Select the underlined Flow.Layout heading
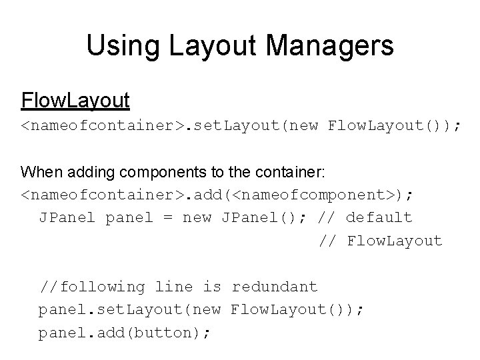75,101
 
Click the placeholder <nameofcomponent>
317,195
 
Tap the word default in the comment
379,217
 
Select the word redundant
274,287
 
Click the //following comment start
92,287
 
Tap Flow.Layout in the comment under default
395,240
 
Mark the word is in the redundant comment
213,287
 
